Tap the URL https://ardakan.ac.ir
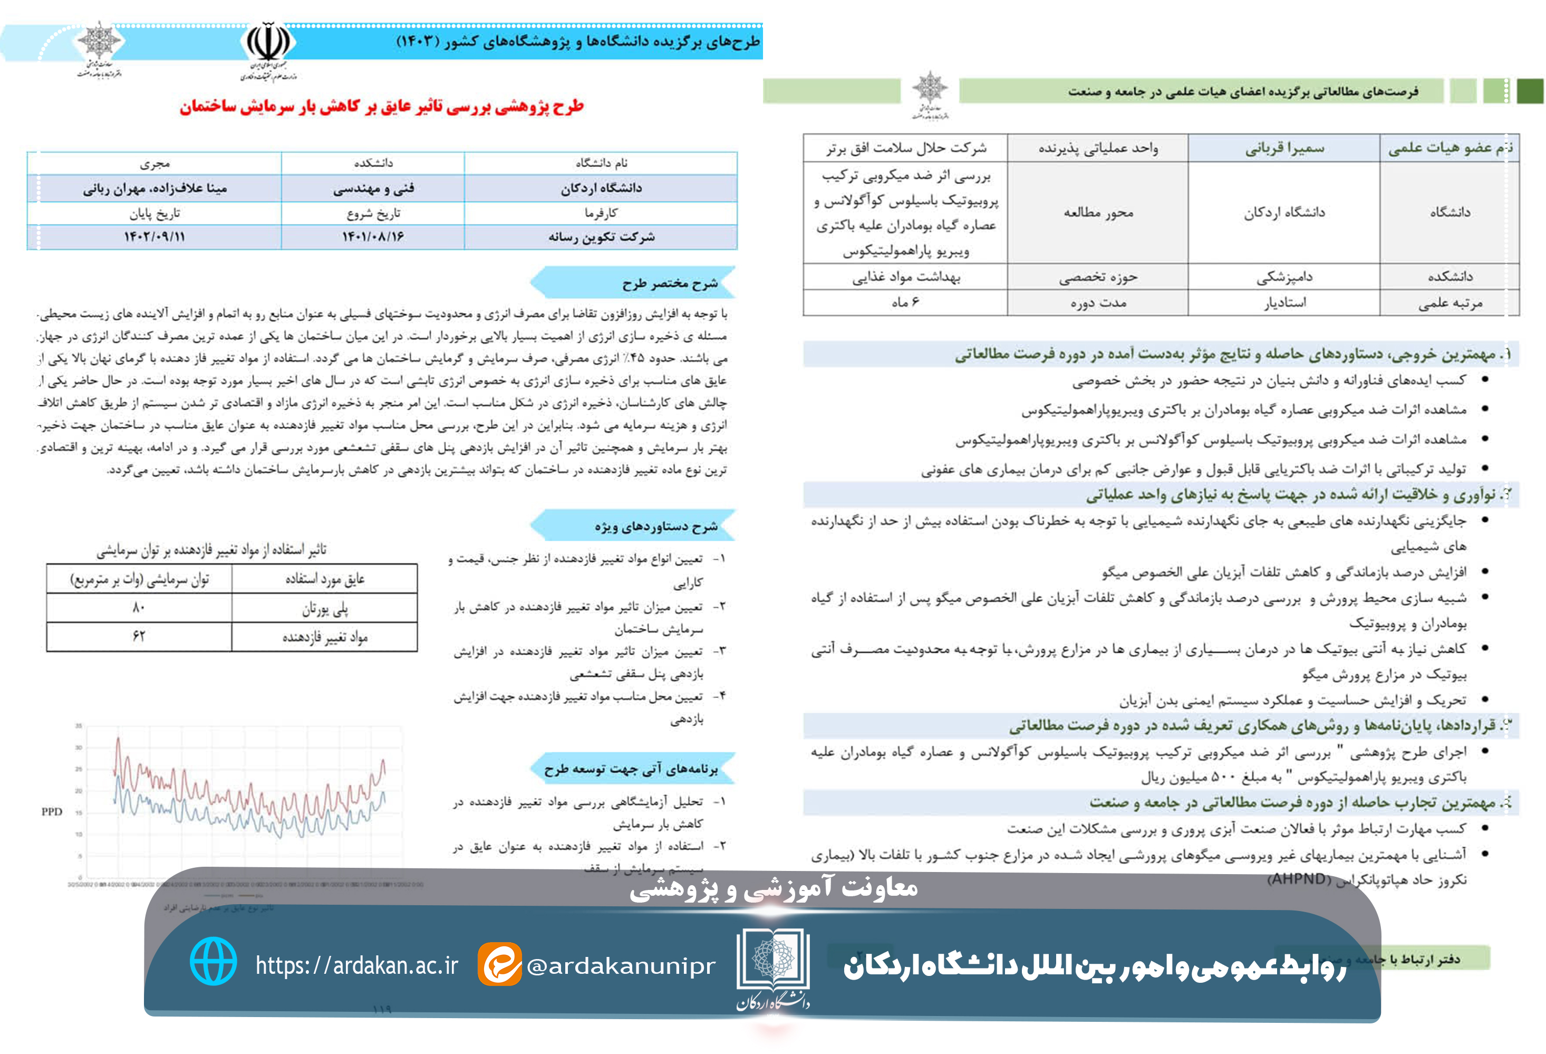[x=356, y=965]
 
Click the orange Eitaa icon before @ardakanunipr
[x=499, y=964]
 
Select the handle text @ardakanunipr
[x=621, y=965]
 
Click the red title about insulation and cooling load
[x=381, y=107]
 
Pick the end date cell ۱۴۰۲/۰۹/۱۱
[x=154, y=237]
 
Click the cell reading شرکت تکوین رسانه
[x=601, y=237]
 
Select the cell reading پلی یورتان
[x=325, y=608]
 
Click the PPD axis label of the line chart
[x=52, y=811]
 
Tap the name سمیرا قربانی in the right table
[x=1284, y=148]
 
